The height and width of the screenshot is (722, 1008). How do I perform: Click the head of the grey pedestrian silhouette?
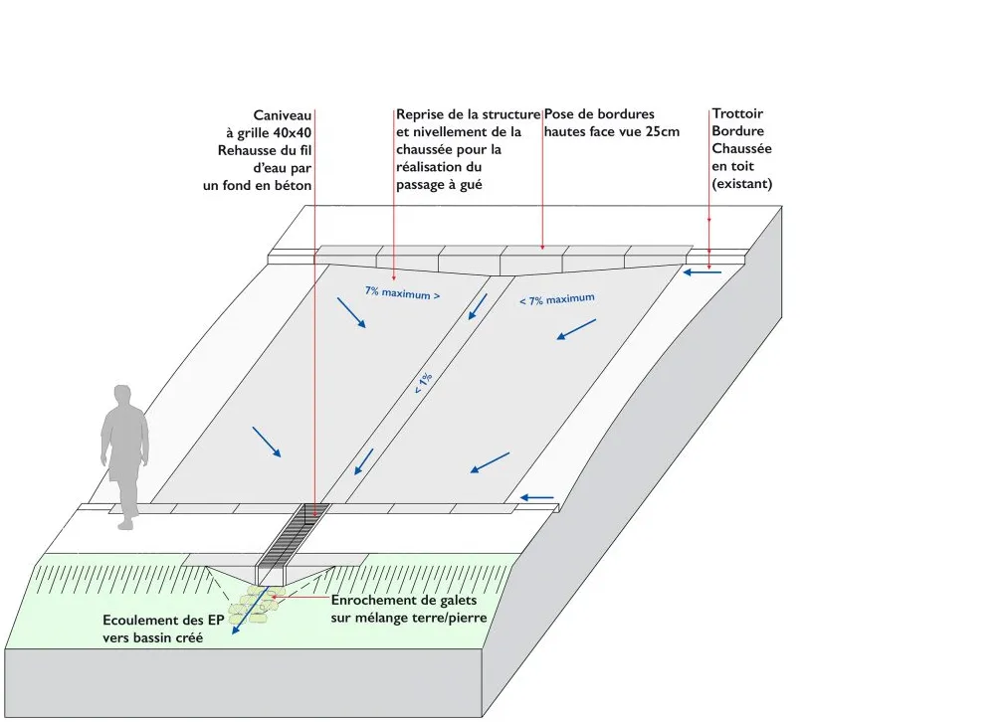tap(122, 396)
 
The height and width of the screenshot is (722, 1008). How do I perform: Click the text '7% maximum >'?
tap(402, 292)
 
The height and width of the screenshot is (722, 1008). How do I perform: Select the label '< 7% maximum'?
tap(557, 299)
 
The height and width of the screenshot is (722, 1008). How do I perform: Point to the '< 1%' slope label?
tap(424, 383)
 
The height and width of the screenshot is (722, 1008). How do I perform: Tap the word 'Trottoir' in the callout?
tap(737, 114)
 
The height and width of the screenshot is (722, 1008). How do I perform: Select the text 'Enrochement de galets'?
tap(404, 601)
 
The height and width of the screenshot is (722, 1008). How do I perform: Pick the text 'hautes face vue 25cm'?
tap(611, 131)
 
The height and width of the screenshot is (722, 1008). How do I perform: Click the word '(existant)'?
tap(742, 184)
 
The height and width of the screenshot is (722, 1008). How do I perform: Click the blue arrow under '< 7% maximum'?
tap(576, 329)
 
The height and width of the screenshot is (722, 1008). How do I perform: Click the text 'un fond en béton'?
tap(257, 185)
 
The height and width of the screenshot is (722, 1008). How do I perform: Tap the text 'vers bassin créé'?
tap(152, 637)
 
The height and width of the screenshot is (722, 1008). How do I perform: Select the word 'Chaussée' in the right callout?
tap(741, 149)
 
